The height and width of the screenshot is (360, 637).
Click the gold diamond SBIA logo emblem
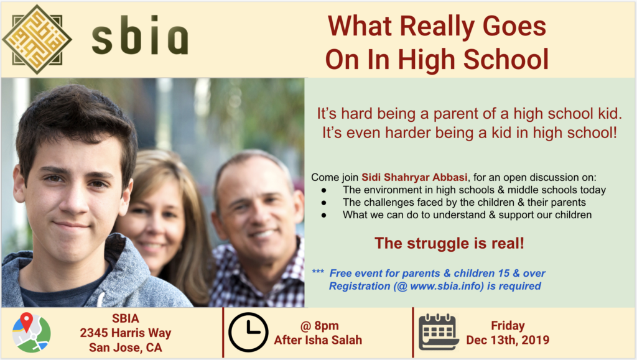[x=37, y=39]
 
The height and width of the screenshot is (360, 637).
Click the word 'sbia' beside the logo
[x=140, y=35]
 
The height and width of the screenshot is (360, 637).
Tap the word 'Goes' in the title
[x=514, y=26]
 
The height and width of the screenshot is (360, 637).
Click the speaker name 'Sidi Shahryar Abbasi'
[x=414, y=177]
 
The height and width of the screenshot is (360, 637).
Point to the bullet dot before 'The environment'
[x=323, y=190]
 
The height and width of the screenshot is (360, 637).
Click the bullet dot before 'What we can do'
[x=323, y=216]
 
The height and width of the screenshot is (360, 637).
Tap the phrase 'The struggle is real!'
[x=449, y=243]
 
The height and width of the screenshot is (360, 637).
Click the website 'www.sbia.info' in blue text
[x=447, y=286]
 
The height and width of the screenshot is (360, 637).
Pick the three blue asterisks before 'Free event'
[x=318, y=272]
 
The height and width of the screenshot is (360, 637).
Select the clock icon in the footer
[x=248, y=332]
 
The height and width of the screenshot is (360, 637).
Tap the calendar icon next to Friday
[x=439, y=331]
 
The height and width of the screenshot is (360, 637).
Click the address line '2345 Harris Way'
[x=126, y=333]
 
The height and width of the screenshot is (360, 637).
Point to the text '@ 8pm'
[x=319, y=326]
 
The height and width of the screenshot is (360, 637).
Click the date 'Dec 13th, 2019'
[x=508, y=340]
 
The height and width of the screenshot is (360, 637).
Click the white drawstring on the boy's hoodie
[x=100, y=299]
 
